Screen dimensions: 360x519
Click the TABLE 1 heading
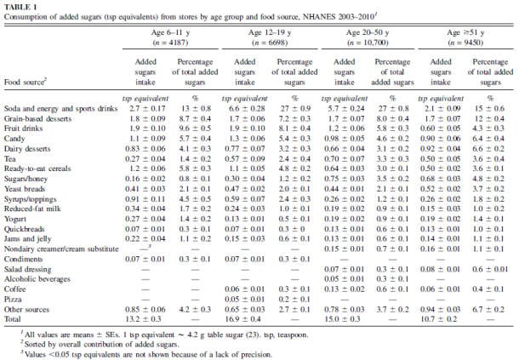(20, 4)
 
